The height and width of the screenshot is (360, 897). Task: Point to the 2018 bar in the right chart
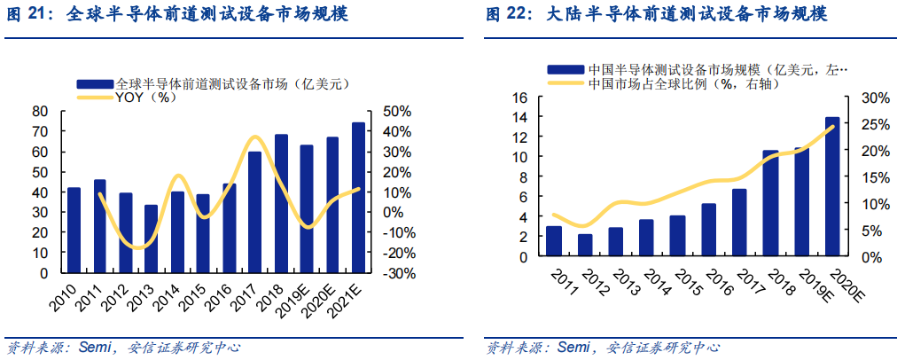click(x=770, y=204)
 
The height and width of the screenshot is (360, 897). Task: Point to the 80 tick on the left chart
click(x=40, y=111)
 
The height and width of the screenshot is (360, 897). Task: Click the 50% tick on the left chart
click(x=397, y=111)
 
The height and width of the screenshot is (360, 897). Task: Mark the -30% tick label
click(x=395, y=273)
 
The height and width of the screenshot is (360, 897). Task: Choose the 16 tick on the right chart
click(x=520, y=97)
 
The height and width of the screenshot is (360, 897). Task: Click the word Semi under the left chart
click(x=96, y=347)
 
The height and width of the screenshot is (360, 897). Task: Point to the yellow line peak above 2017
click(x=254, y=137)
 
